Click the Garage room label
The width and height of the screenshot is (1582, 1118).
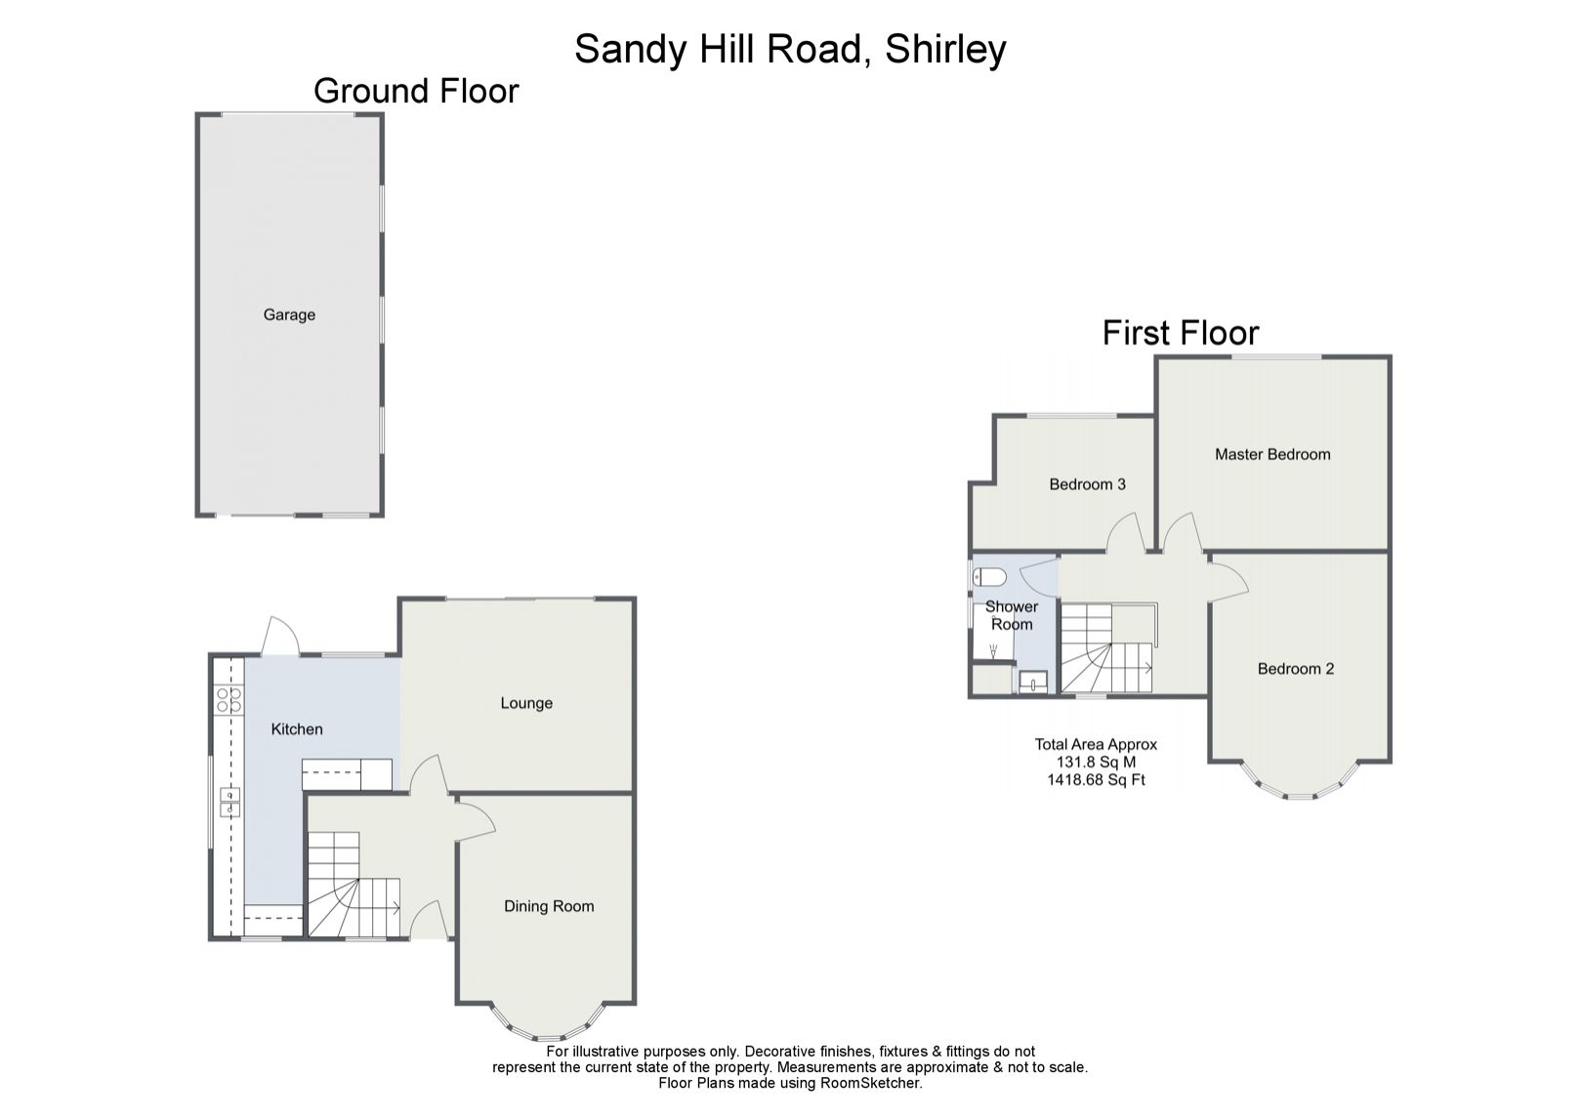click(x=289, y=314)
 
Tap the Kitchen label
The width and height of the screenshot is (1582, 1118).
click(x=297, y=728)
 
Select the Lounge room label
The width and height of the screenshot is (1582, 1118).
click(x=526, y=703)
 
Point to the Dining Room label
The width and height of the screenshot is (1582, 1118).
click(x=549, y=906)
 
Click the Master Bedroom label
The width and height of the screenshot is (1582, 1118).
click(x=1272, y=454)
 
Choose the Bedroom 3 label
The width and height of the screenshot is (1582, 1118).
click(x=1087, y=484)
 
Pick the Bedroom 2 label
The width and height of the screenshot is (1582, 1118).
click(x=1295, y=669)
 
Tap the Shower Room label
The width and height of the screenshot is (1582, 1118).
click(x=1011, y=615)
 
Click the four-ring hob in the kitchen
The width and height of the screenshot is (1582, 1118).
click(x=229, y=699)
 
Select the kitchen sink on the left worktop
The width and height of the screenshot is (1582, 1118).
click(x=229, y=802)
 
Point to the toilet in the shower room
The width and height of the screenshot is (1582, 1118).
click(x=989, y=576)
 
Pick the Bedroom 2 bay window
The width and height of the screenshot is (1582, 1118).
click(x=1300, y=786)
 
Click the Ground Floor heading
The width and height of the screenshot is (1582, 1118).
click(x=416, y=91)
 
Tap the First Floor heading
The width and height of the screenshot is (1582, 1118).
click(x=1181, y=333)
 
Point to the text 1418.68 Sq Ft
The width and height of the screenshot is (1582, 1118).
click(x=1096, y=780)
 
